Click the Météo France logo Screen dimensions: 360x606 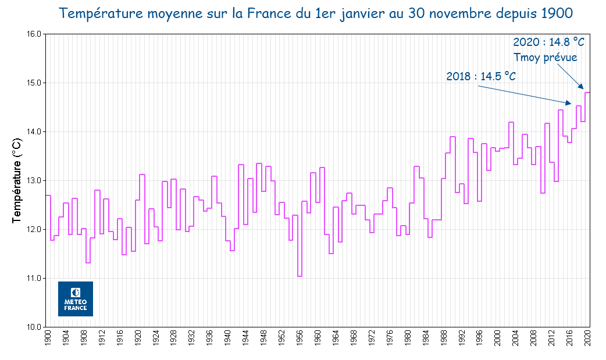[75, 299]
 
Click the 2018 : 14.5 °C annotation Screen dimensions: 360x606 [481, 77]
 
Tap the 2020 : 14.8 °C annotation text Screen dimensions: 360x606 [548, 42]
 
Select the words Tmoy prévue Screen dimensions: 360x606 [545, 57]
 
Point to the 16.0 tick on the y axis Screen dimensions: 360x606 [34, 34]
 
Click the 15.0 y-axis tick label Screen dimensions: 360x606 [34, 83]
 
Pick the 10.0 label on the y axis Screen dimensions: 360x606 [34, 327]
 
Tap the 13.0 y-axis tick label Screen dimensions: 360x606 [34, 181]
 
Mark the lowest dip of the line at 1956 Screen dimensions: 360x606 [300, 276]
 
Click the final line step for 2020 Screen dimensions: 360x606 [587, 92]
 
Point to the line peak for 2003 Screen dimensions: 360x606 [511, 122]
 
